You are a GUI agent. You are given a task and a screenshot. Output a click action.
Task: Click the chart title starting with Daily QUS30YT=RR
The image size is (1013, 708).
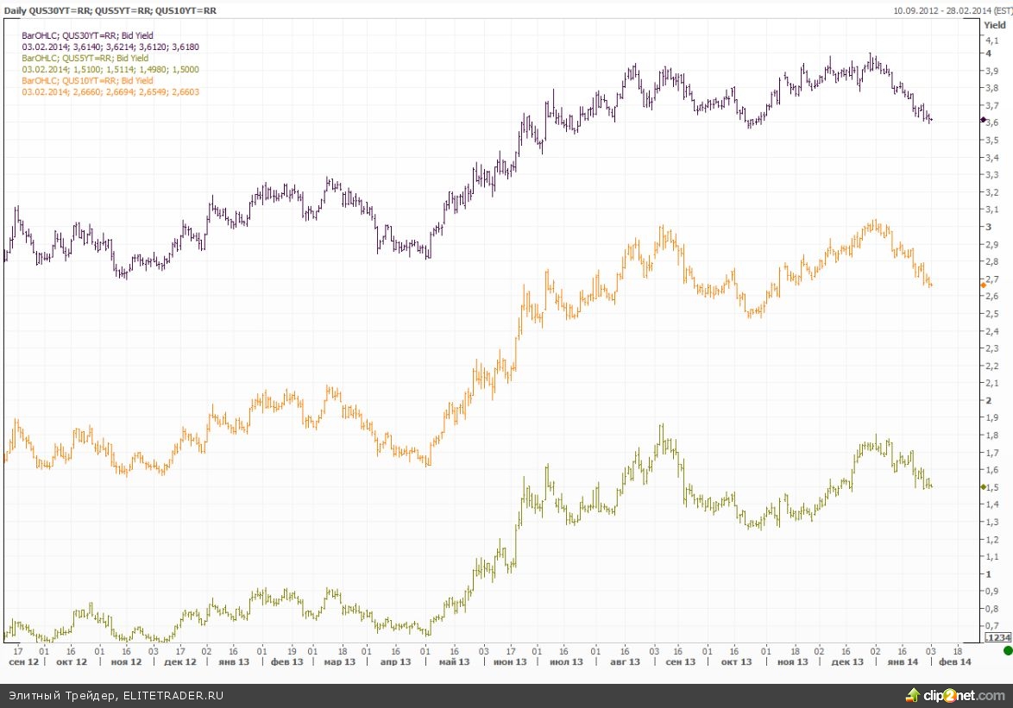(x=111, y=10)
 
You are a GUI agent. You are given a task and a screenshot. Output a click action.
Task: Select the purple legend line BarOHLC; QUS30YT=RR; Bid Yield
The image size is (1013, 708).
(x=87, y=35)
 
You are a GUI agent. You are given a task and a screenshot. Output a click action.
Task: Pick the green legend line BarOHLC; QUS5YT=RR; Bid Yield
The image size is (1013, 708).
(x=85, y=58)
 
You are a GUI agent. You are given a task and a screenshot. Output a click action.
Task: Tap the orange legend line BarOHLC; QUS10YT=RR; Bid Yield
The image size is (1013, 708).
(x=87, y=80)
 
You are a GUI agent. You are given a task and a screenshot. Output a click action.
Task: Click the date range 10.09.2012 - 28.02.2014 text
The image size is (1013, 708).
(x=948, y=10)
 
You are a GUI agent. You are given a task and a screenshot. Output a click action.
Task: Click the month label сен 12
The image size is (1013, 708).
(x=23, y=662)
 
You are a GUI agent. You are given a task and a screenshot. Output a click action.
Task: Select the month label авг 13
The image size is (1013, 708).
(x=625, y=662)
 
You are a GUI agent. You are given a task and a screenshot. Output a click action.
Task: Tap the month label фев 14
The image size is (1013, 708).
(x=954, y=662)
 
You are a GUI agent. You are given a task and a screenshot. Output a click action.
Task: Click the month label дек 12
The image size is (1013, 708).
(x=180, y=662)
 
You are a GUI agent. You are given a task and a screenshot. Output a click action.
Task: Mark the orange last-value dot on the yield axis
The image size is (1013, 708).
(x=984, y=285)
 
